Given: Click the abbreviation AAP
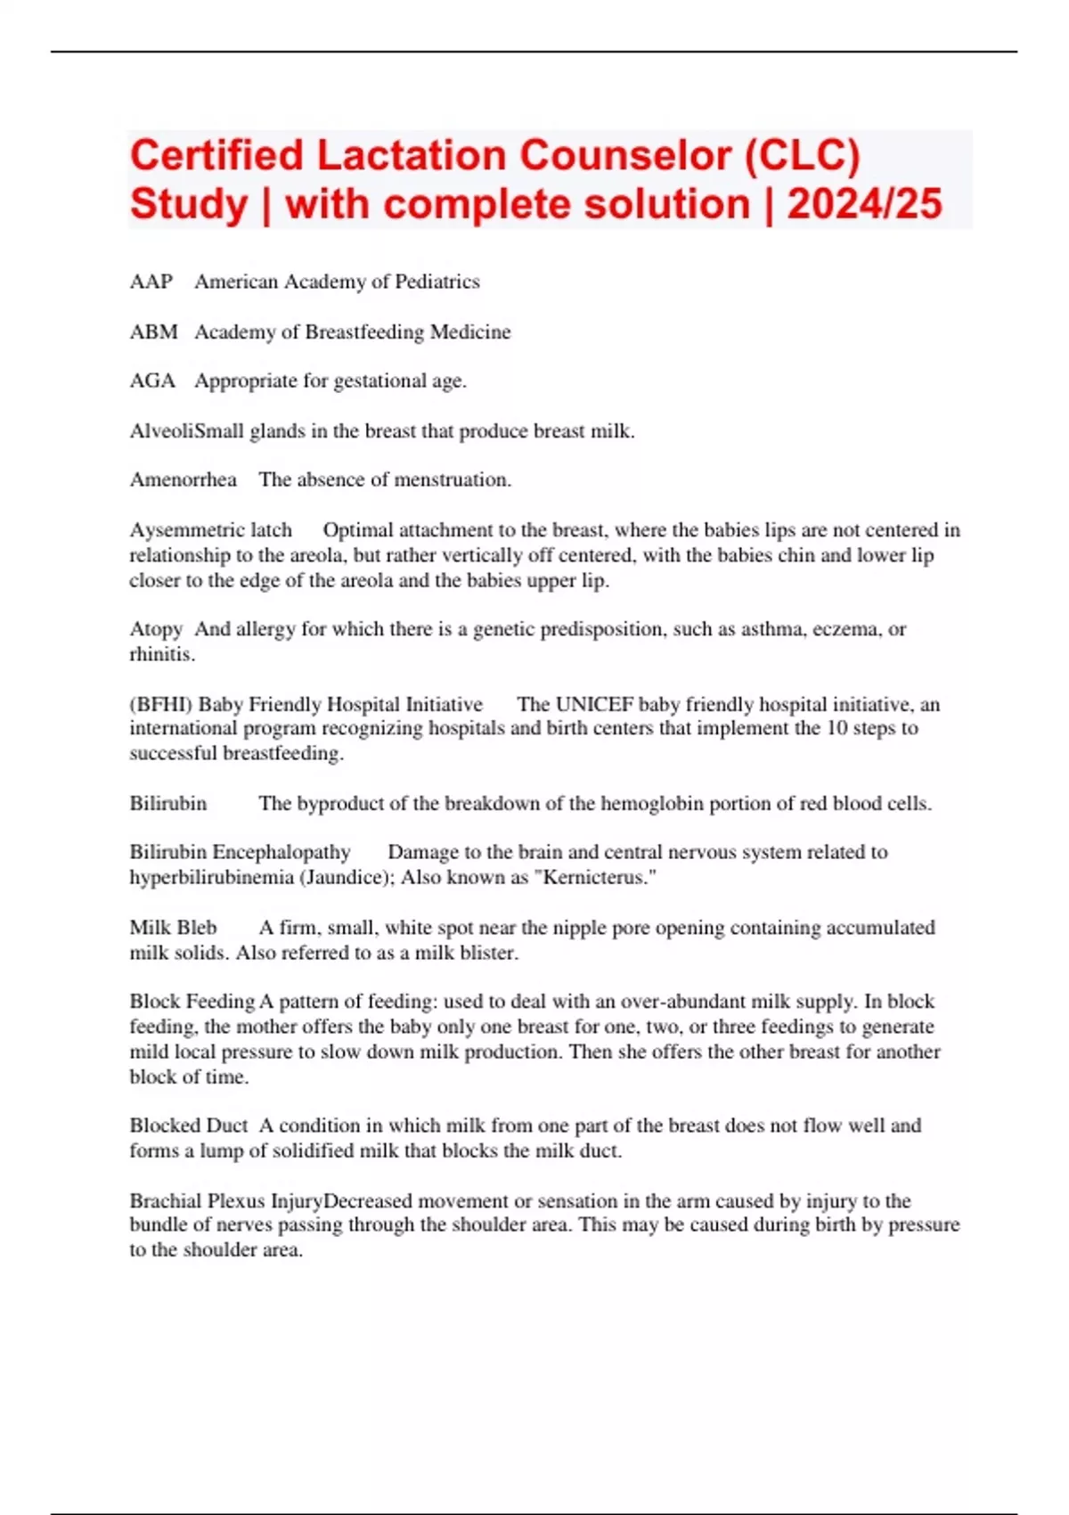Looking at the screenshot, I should pos(151,282).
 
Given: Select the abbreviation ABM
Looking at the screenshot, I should pos(154,332).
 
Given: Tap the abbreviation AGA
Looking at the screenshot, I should pos(152,381).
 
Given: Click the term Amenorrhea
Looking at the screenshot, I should pos(184,479).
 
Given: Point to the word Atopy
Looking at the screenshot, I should pos(157,629).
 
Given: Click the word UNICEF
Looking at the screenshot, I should pos(594,704).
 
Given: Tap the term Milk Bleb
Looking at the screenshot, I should pos(173,928).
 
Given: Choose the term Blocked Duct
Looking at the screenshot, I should pos(189,1126).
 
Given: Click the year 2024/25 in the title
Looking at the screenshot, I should pos(864,204).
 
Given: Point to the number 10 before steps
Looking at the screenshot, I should pos(839,728).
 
